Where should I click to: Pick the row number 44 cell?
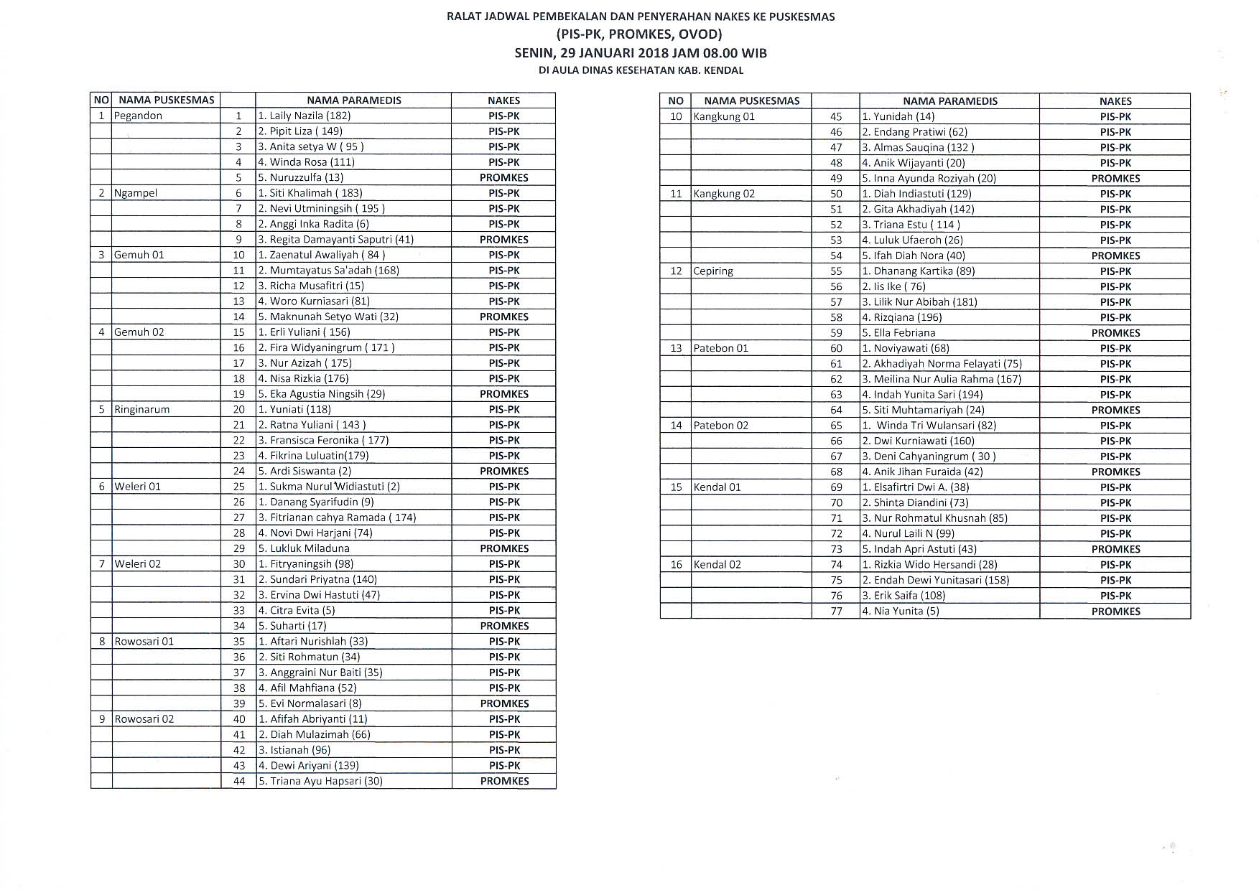tap(239, 781)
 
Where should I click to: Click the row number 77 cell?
tap(836, 611)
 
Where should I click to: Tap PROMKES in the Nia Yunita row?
tap(1115, 612)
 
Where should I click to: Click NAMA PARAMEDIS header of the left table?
tap(353, 100)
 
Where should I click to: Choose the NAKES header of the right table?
tap(1115, 101)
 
